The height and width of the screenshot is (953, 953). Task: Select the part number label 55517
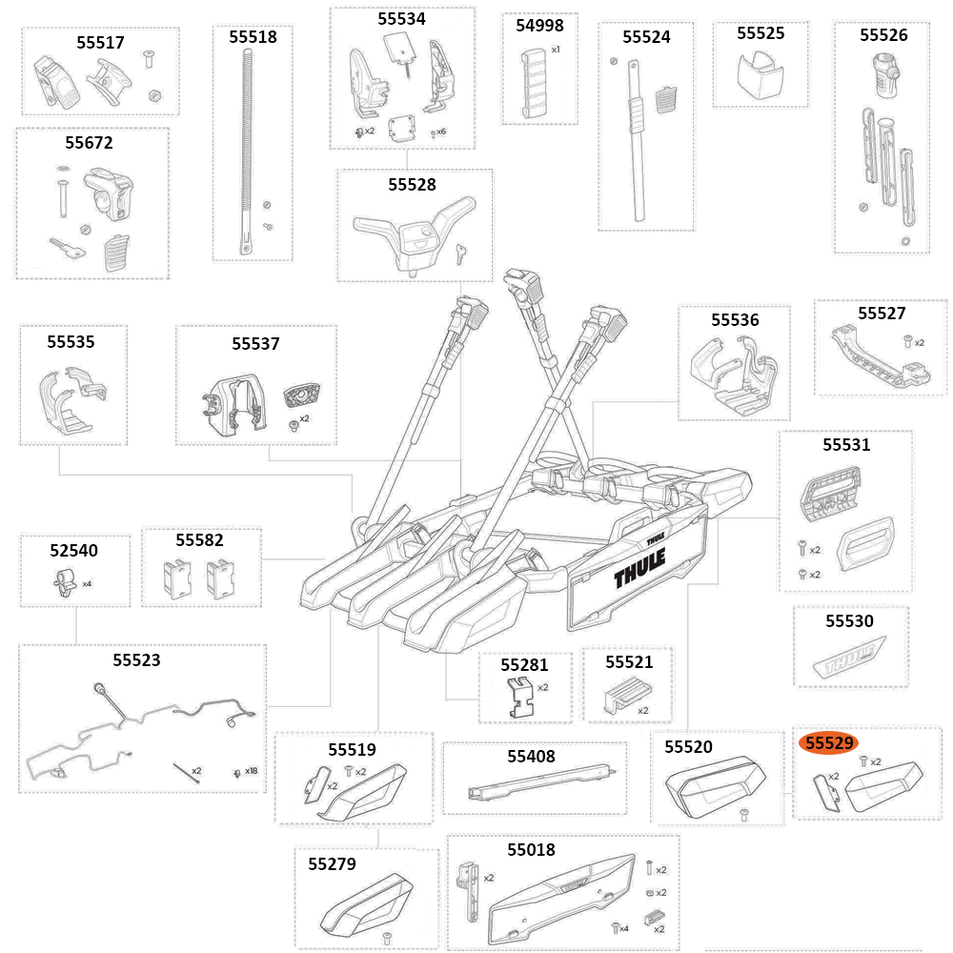tap(100, 43)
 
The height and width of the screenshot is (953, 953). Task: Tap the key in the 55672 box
tap(68, 249)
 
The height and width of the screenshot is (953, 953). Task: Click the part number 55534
tap(401, 19)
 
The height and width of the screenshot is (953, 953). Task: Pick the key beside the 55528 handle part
tap(461, 253)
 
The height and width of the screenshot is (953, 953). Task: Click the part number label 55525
tap(760, 33)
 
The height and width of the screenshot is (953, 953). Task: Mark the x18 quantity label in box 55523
tap(251, 771)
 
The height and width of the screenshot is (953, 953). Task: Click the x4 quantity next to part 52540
tap(87, 583)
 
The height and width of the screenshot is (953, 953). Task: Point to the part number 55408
tap(531, 757)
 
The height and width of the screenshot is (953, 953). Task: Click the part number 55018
tap(531, 849)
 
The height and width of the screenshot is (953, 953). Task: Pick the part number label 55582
tap(200, 540)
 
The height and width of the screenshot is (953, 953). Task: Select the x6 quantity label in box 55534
tap(441, 132)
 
